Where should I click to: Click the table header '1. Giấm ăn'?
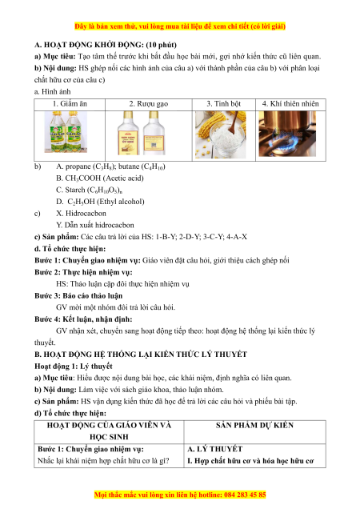click(70, 104)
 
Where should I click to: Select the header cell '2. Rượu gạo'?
click(149, 104)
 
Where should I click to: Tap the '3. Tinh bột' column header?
click(224, 104)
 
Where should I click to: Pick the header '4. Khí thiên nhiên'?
click(290, 104)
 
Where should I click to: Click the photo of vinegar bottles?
click(66, 132)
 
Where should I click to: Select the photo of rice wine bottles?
click(142, 133)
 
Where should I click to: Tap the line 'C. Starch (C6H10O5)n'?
click(90, 190)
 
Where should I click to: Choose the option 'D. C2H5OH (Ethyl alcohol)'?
click(100, 202)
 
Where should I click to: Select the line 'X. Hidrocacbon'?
click(81, 214)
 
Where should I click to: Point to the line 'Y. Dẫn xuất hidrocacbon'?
click(94, 225)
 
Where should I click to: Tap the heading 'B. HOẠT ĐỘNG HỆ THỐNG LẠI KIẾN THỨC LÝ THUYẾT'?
click(141, 355)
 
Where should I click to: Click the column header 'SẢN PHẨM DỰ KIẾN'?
click(255, 426)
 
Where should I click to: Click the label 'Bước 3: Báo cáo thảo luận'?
click(78, 296)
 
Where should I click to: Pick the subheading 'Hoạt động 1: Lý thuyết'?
click(74, 367)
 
